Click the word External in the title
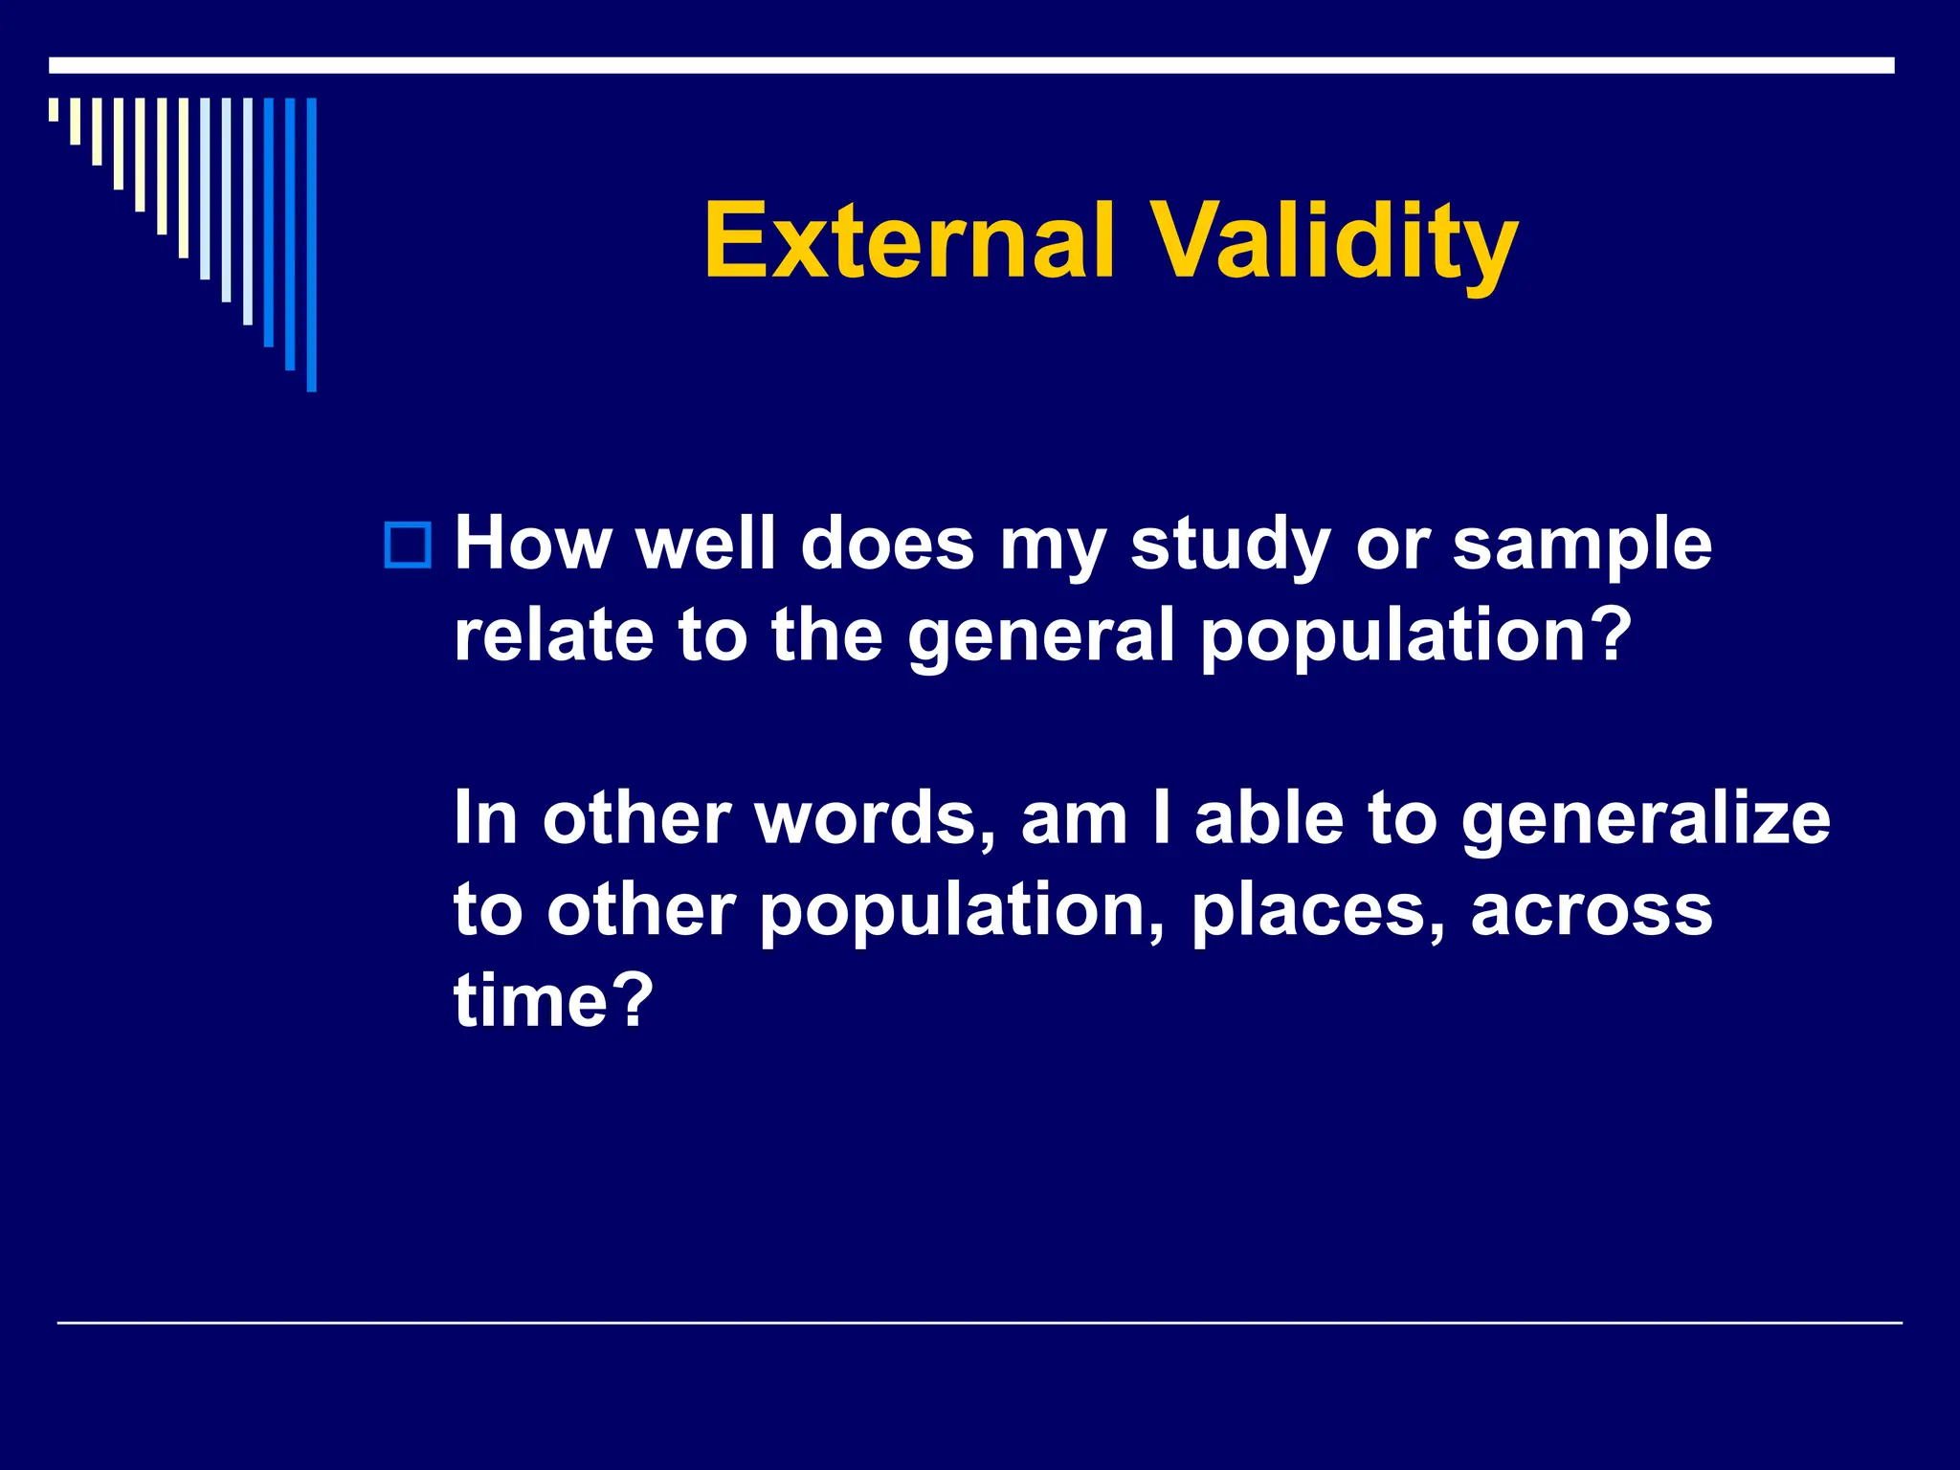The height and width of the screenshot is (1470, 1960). (x=909, y=241)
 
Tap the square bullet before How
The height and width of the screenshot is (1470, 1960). (x=408, y=546)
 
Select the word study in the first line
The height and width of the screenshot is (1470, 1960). (x=1229, y=546)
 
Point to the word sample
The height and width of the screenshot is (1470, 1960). (x=1581, y=546)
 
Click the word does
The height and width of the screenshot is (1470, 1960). (x=886, y=546)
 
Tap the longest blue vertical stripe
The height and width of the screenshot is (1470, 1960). (x=311, y=244)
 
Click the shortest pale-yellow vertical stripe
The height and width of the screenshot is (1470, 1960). (x=54, y=109)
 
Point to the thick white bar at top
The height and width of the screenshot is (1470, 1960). (x=970, y=65)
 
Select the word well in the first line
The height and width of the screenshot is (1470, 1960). (x=705, y=546)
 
